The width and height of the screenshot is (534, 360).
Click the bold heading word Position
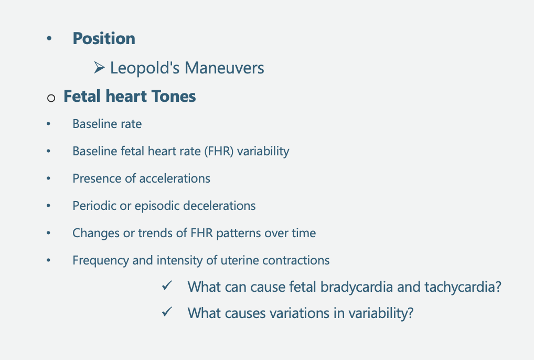click(x=104, y=38)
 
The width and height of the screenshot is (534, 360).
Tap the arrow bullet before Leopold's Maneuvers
click(x=99, y=68)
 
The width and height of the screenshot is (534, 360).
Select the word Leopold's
click(x=145, y=68)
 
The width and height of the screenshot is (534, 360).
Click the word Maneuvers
click(x=225, y=68)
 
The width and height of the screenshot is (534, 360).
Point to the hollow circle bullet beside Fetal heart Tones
click(x=51, y=98)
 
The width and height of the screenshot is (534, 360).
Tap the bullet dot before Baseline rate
click(x=48, y=124)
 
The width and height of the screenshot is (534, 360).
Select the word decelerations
click(x=219, y=206)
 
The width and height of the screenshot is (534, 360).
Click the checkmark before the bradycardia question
click(x=167, y=285)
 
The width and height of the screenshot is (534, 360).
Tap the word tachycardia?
click(x=463, y=287)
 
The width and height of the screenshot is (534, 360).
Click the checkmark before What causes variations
click(x=167, y=312)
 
